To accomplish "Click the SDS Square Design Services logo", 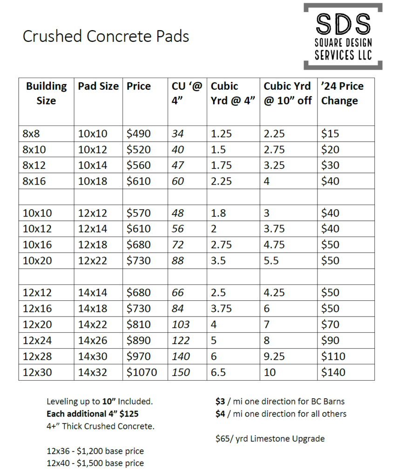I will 343,36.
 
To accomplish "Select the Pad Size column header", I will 98,86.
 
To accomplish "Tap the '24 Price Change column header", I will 342,93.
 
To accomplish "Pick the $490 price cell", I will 139,134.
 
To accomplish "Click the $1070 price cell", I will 142,372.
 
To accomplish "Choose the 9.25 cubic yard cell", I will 274,356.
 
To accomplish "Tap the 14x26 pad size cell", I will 93,340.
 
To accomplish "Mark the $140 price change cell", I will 333,372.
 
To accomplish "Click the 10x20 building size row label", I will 37,260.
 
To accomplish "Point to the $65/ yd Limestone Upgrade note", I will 270,438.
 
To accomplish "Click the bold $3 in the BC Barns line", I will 220,401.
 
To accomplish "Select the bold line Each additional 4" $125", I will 92,414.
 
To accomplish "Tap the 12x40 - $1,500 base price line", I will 95,463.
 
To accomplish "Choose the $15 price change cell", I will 330,134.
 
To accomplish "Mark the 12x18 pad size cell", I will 93,245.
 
